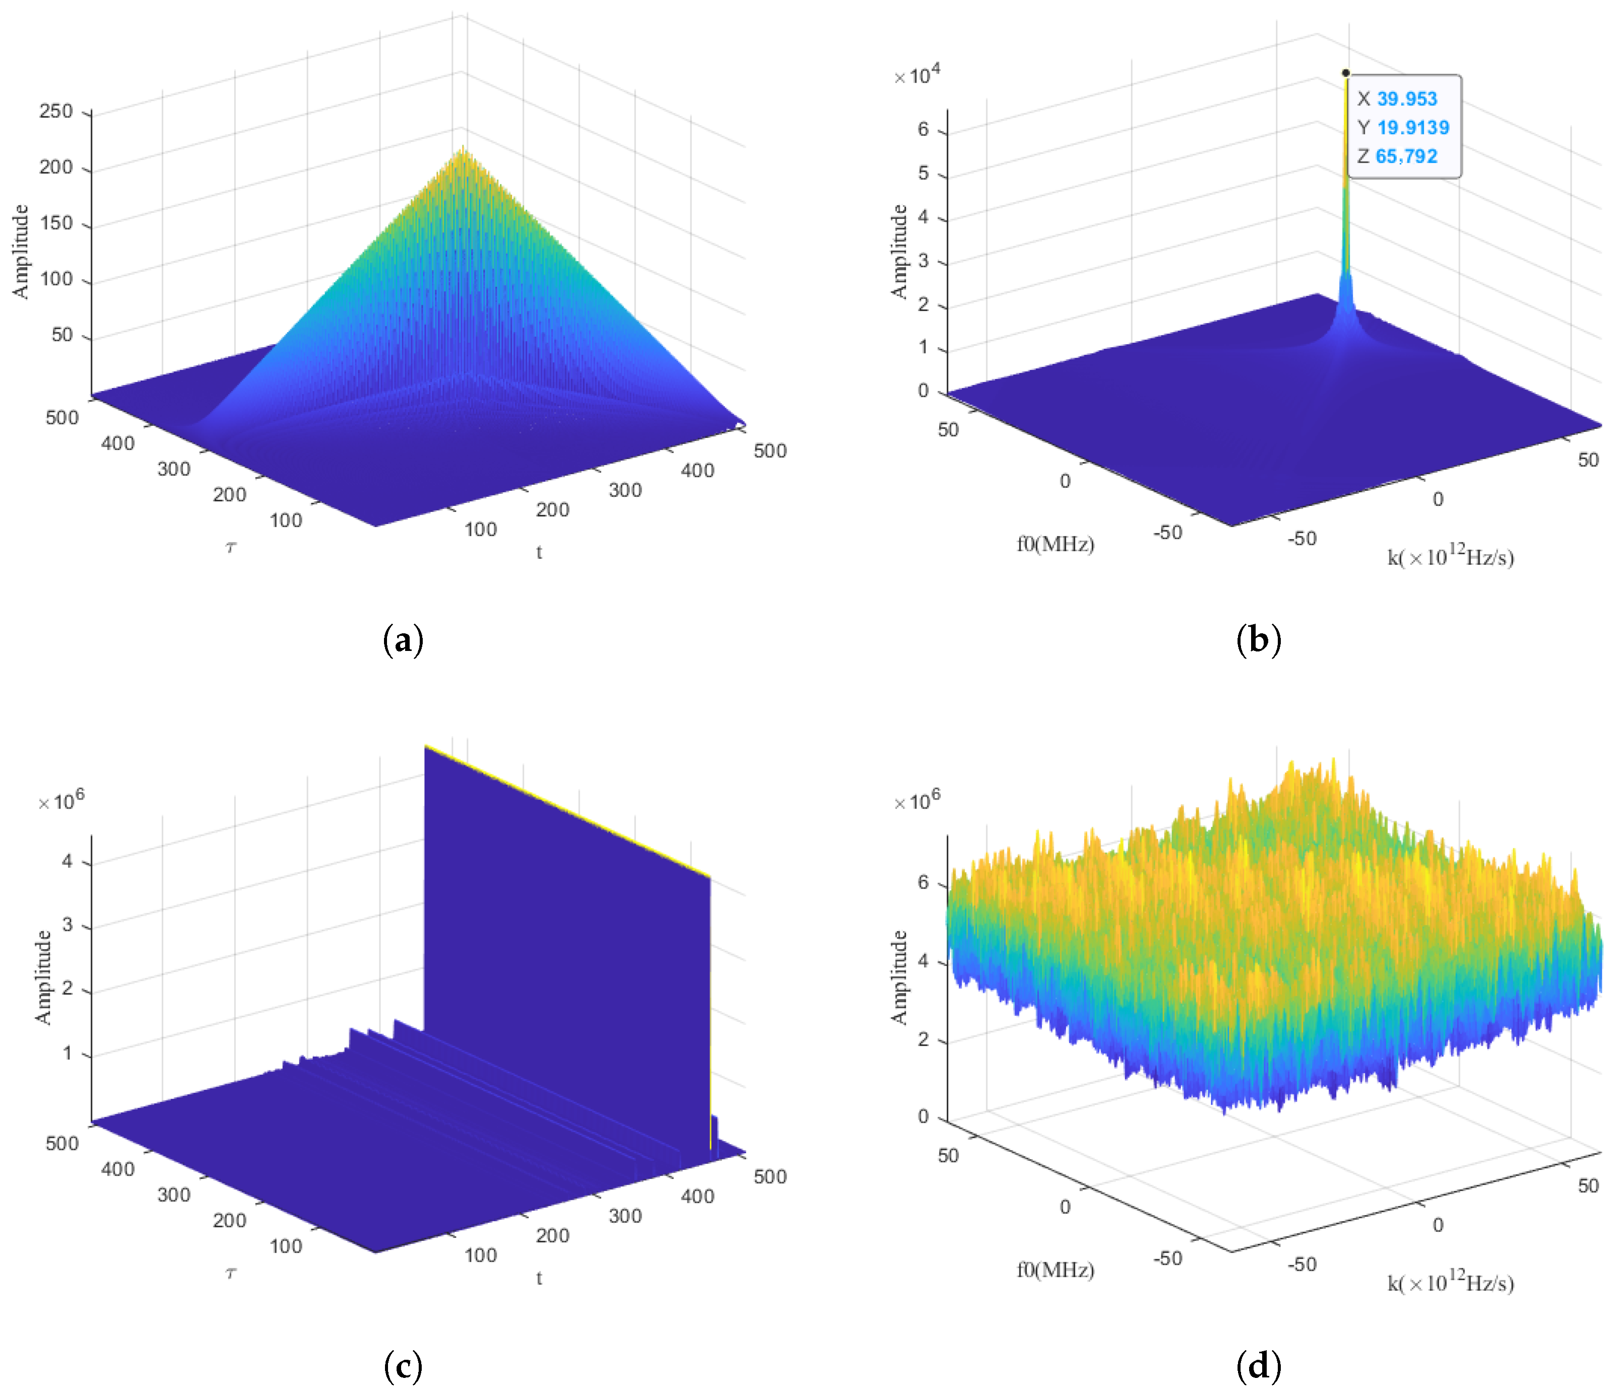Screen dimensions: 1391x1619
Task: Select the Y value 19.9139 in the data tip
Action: pos(1412,127)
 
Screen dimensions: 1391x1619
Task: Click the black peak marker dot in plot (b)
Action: pos(1346,72)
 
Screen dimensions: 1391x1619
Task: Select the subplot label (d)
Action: pos(1259,1365)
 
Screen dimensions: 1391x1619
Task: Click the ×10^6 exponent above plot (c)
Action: pos(61,801)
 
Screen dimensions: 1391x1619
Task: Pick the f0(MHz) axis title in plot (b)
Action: pos(1055,544)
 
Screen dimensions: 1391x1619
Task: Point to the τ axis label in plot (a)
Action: pos(230,548)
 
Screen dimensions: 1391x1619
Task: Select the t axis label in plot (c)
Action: pos(538,1278)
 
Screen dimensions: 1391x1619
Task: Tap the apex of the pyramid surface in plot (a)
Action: pos(464,149)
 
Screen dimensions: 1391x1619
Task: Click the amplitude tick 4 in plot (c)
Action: pos(67,861)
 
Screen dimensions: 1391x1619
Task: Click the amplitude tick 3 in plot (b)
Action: pos(923,260)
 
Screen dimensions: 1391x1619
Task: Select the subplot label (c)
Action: pos(403,1365)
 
